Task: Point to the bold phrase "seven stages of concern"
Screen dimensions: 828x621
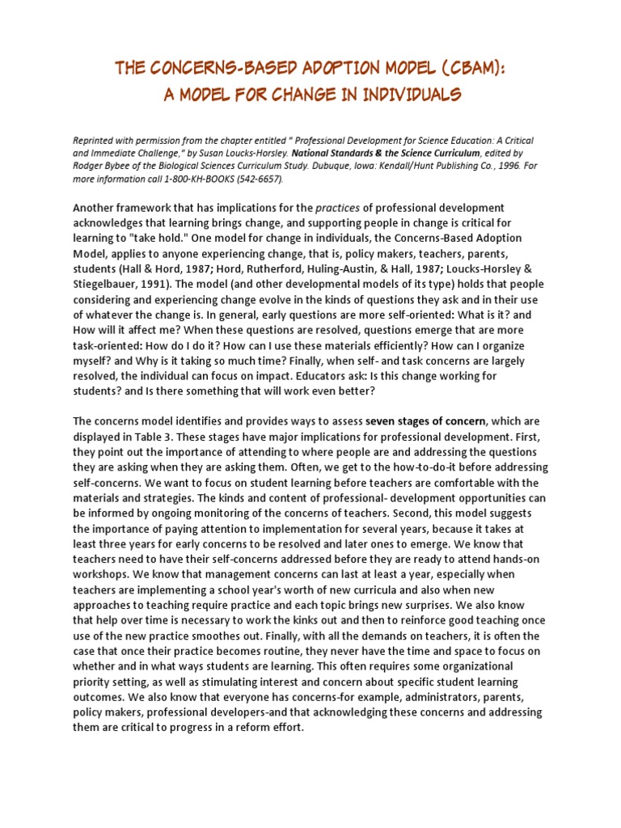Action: coord(425,421)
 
